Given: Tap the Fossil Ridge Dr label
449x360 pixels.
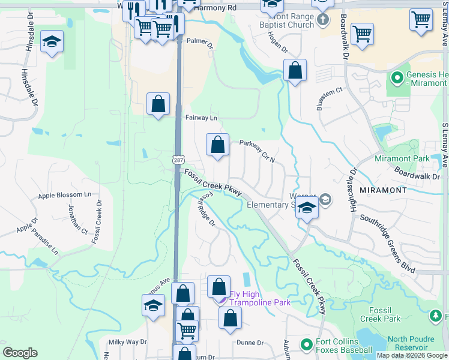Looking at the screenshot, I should [206, 209].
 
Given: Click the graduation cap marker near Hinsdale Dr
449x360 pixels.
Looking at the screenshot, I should [52, 42].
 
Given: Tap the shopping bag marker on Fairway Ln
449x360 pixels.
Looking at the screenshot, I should [158, 104].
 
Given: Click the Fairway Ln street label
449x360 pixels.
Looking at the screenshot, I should [201, 118].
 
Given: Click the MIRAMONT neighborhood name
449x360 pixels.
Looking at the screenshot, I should [383, 190].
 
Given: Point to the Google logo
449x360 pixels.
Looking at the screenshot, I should [20, 353].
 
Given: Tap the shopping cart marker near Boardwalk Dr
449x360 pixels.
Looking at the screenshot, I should [362, 34].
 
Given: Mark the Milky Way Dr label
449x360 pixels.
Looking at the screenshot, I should [127, 342].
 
